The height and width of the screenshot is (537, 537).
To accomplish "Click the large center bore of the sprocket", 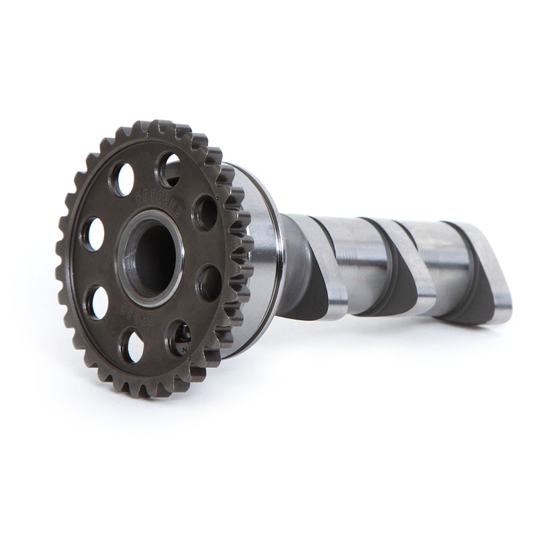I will [x=152, y=258].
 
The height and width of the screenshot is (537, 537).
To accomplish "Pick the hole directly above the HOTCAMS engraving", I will [x=168, y=169].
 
